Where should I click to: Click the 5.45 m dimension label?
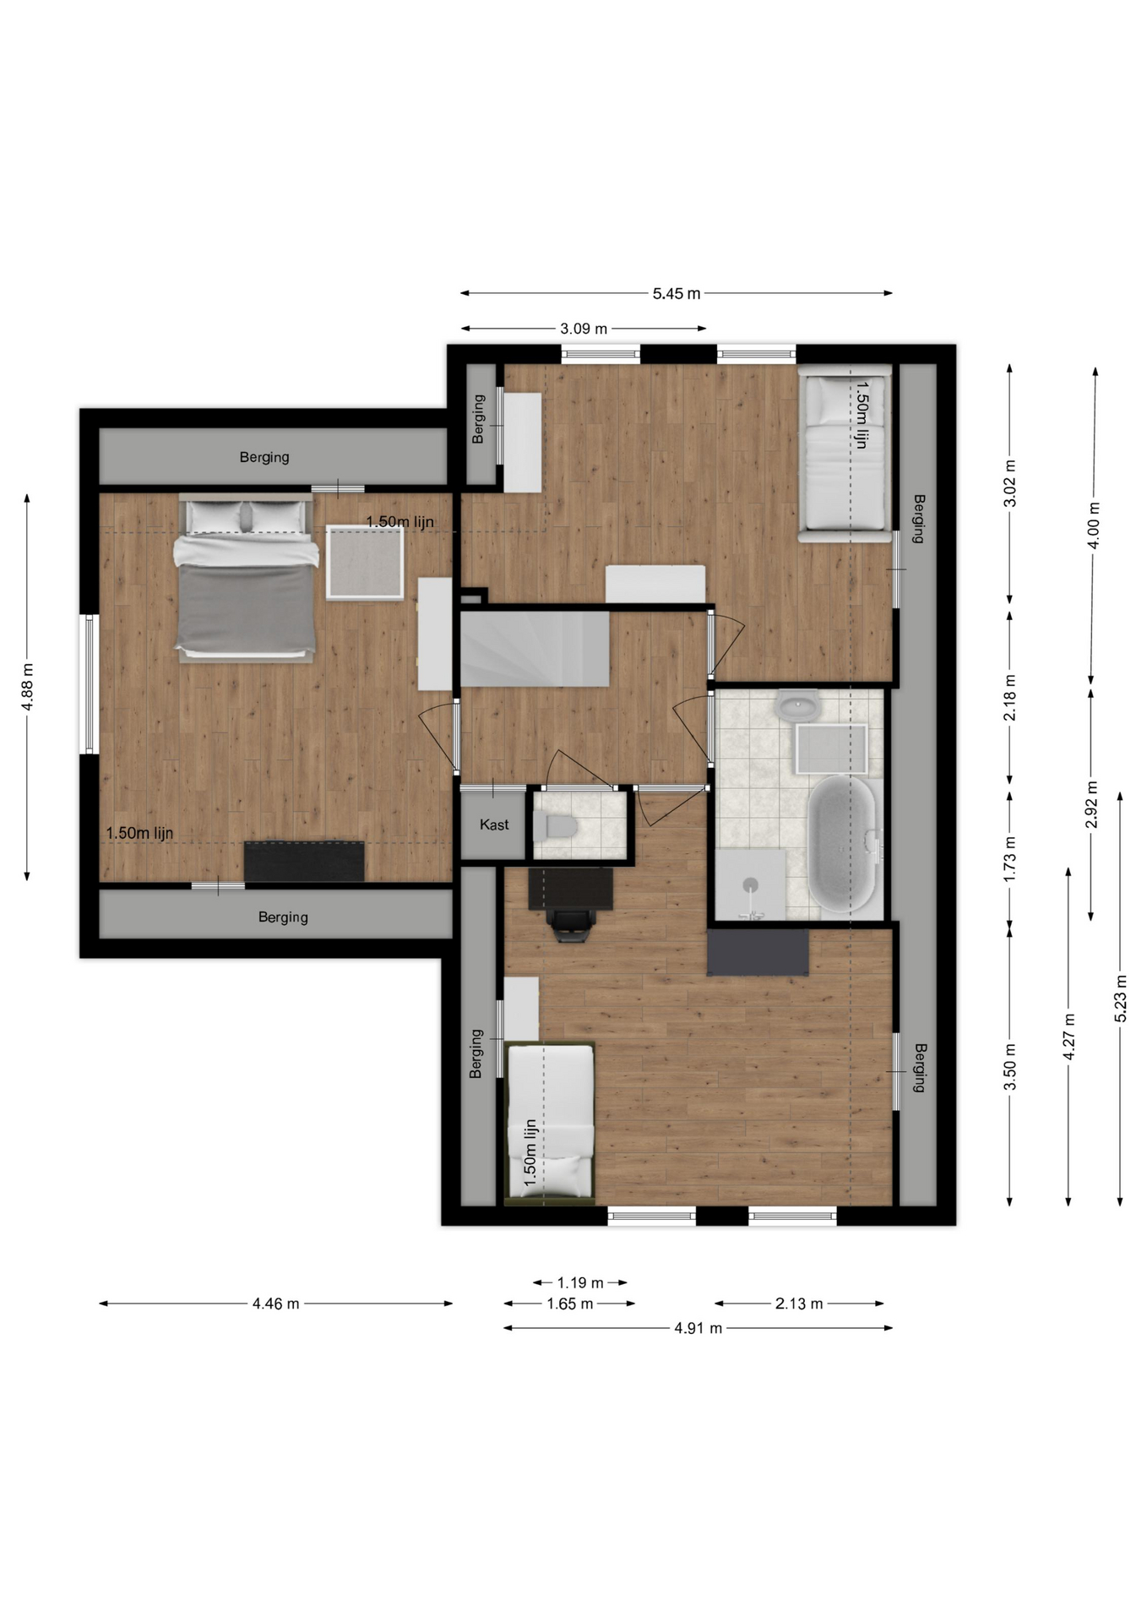[x=676, y=294]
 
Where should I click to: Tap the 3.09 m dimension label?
[x=584, y=329]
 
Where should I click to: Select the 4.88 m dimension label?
[x=27, y=686]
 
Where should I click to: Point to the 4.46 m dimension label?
[x=275, y=1304]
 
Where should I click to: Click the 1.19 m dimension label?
[x=580, y=1282]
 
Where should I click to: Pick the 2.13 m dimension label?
[x=799, y=1304]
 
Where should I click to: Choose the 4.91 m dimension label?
[x=698, y=1328]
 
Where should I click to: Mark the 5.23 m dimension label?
[x=1121, y=999]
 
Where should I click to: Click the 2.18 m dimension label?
[x=1009, y=698]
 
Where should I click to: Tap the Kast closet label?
[x=494, y=825]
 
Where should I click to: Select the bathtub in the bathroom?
[x=842, y=844]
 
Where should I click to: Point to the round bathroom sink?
[x=797, y=705]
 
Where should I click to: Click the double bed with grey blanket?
[x=246, y=578]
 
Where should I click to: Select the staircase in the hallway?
[x=535, y=649]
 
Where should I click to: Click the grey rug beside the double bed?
[x=365, y=562]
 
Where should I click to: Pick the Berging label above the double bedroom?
[x=264, y=457]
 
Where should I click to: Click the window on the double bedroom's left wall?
[x=89, y=683]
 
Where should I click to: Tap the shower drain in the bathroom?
[x=751, y=884]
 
